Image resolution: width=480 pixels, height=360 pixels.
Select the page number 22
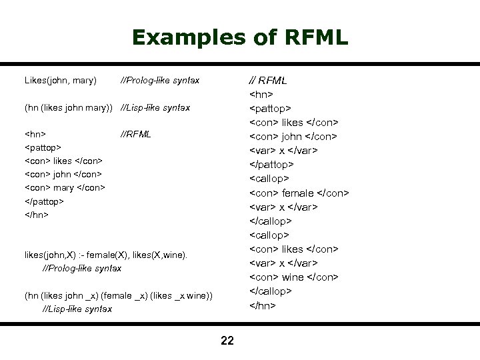point(227,341)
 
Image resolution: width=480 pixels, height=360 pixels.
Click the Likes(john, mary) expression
point(61,81)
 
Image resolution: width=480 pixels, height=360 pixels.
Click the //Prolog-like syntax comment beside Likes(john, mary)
point(159,81)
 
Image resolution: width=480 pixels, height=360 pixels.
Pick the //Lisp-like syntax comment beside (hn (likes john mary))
point(155,107)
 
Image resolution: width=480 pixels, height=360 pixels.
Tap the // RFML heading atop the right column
point(268,81)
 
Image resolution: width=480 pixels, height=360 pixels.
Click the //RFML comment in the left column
point(135,134)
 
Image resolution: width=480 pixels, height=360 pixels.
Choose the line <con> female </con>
point(299,193)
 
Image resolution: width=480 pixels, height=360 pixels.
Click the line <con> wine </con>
point(294,277)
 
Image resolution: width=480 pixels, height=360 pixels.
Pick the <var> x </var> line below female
point(283,207)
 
